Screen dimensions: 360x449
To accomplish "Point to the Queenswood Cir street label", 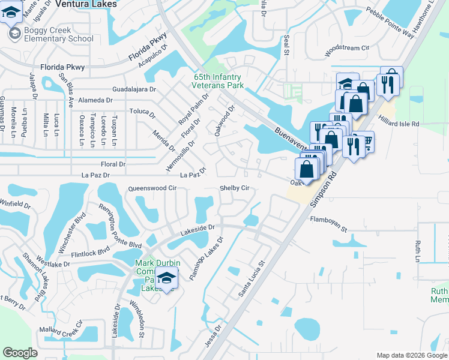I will (152, 188).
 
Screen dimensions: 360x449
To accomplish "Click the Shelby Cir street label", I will (234, 188).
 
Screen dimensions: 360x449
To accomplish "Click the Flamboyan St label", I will (328, 224).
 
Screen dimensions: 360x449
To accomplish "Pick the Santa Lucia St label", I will (252, 278).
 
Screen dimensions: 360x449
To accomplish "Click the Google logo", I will (20, 353).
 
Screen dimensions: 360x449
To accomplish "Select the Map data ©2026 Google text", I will (411, 355).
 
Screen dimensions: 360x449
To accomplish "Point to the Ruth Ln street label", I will (418, 251).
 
